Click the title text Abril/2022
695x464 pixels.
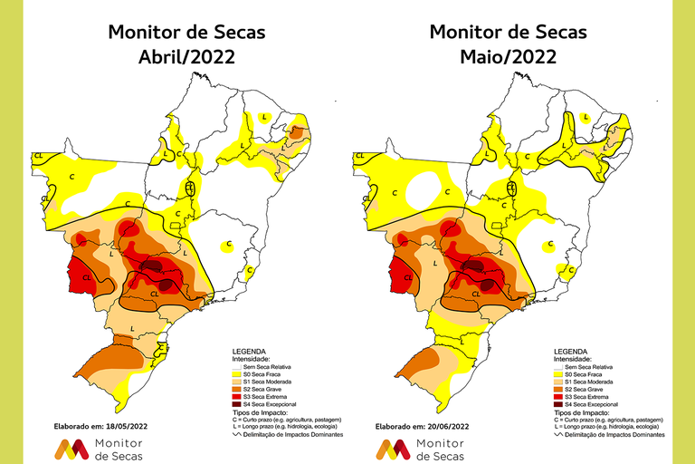[x=186, y=56]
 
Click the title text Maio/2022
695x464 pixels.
[x=508, y=56]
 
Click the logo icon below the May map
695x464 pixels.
[x=392, y=448]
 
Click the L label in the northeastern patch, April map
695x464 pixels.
[x=264, y=117]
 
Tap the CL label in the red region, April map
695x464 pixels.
[x=86, y=277]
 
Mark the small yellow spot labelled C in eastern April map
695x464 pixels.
[x=229, y=245]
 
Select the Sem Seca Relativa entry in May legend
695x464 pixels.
[x=586, y=367]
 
